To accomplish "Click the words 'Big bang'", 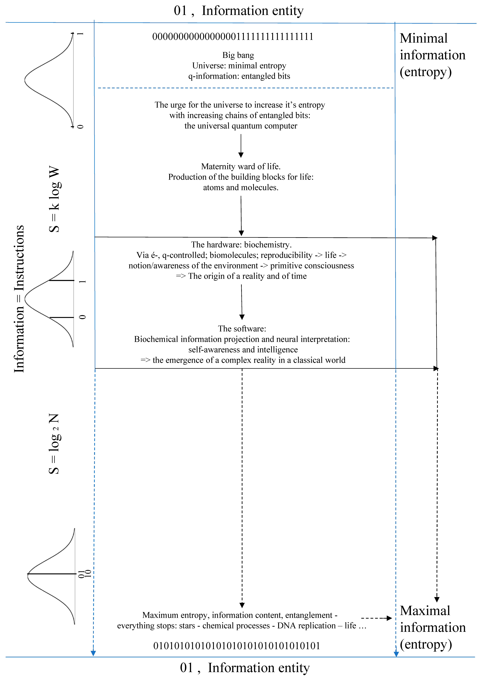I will pos(238,55).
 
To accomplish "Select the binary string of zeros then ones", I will pos(233,37).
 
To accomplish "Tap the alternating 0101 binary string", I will pos(236,646).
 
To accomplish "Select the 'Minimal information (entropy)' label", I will pos(432,55).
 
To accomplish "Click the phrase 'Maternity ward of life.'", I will pos(241,166).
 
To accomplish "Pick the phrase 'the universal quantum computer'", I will pos(241,126).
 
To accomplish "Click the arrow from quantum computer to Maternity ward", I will pos(241,145).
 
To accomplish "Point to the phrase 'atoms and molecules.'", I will pos(241,187).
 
